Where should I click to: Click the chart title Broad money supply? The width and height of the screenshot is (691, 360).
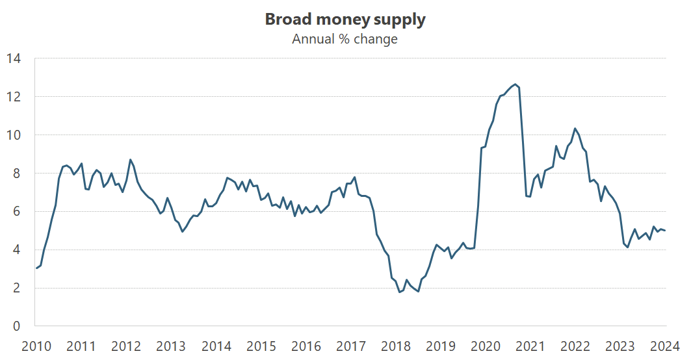tap(345, 19)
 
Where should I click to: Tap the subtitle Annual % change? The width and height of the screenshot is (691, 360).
tap(345, 39)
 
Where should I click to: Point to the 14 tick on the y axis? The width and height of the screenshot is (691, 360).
tap(14, 58)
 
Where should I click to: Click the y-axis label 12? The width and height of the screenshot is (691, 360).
tap(14, 97)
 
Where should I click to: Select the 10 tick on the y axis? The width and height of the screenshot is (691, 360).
tap(14, 135)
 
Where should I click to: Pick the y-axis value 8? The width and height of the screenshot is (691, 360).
tap(17, 174)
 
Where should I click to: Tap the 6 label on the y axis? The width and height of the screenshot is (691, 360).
tap(17, 211)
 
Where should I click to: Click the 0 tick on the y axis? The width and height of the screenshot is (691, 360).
tap(17, 326)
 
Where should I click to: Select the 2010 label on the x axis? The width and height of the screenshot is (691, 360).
tap(36, 345)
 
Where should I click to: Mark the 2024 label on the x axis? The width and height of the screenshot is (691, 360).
tap(665, 345)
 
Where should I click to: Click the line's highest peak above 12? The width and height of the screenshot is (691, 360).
tap(515, 84)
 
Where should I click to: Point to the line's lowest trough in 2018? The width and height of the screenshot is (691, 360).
tap(400, 292)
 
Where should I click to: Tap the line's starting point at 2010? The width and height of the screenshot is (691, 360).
tap(36, 268)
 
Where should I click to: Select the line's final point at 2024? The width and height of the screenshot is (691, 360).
tap(665, 231)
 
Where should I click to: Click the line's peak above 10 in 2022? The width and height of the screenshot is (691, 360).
tap(575, 129)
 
